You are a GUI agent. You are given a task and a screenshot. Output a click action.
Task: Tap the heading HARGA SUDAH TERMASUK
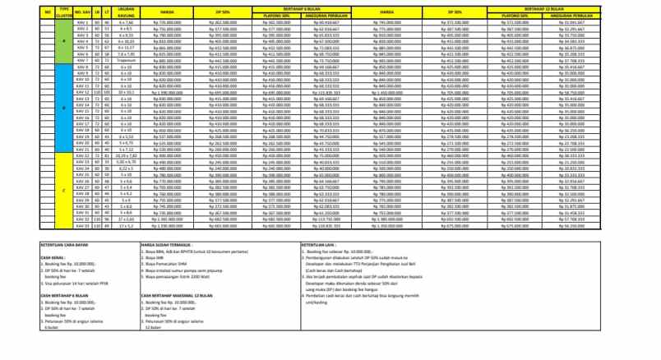tap(168, 244)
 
